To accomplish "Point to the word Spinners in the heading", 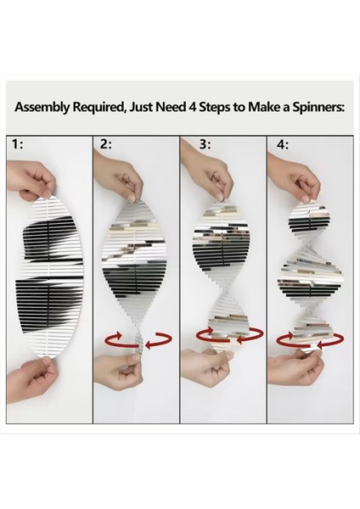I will coord(308,109).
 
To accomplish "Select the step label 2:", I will coord(105,145).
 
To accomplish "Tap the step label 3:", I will coord(193,145).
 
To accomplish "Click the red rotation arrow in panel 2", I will coord(134,340).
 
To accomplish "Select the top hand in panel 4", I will coord(306,178).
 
